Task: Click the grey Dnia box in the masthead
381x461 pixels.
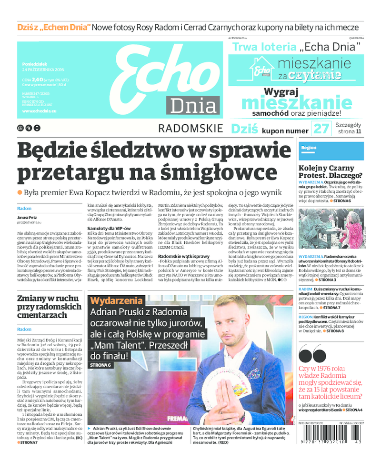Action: coord(193,106)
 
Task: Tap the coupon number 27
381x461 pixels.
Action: coord(321,129)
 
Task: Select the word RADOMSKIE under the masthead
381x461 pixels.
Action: coord(190,129)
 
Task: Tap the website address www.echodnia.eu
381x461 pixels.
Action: coord(40,111)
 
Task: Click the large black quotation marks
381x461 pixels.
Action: coord(312,354)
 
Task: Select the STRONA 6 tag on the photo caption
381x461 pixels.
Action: coord(100,365)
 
